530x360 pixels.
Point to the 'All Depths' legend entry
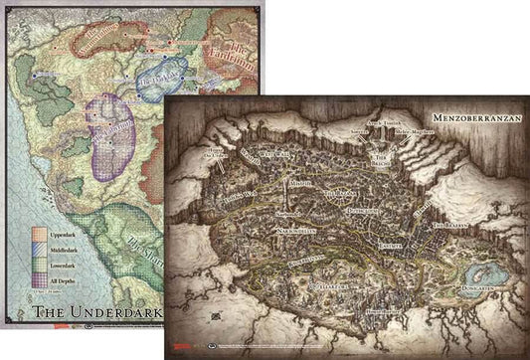[63, 275]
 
